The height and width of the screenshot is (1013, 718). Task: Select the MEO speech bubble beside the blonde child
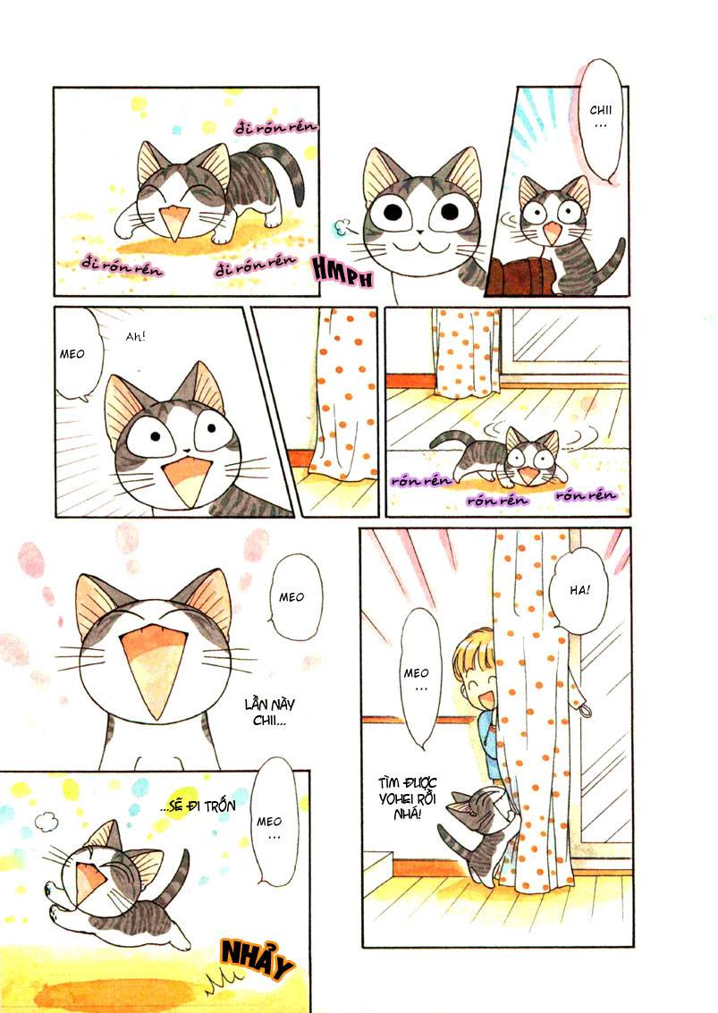click(x=418, y=680)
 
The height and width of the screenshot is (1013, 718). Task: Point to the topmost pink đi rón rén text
click(x=276, y=128)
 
